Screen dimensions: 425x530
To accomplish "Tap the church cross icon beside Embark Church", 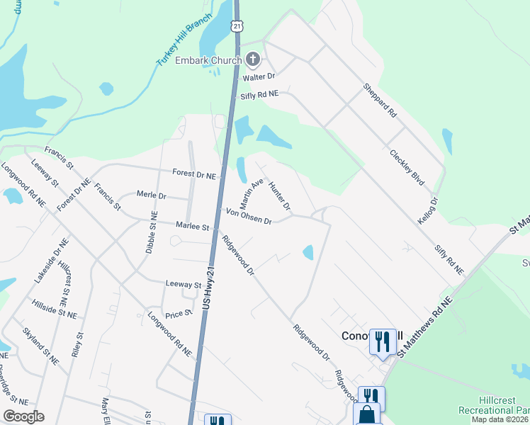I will [x=252, y=60].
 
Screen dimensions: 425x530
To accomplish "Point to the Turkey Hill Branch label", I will [x=184, y=41].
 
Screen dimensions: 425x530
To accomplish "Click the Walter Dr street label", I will [x=258, y=76].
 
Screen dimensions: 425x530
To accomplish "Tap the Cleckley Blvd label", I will [x=407, y=167].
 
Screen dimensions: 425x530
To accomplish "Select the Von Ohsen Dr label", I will [x=249, y=217].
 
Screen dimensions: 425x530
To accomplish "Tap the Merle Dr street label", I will [x=151, y=195].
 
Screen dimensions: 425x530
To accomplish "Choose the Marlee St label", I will [x=192, y=227].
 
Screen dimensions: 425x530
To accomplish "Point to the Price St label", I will [x=179, y=312].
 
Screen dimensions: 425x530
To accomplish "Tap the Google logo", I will [x=24, y=416].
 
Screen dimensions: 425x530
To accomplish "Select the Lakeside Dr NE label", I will [x=50, y=261].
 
